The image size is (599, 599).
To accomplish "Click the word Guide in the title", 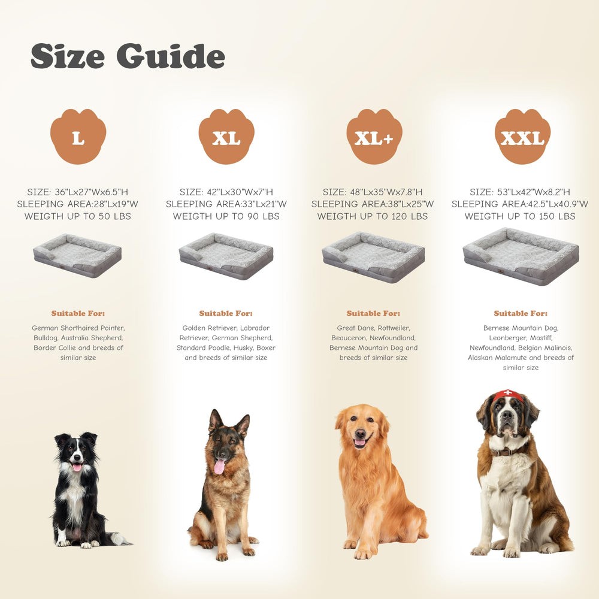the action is pyautogui.click(x=171, y=56).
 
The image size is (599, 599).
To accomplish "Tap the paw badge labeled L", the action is pyautogui.click(x=78, y=137).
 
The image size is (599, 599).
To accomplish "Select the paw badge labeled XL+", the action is pyautogui.click(x=374, y=137).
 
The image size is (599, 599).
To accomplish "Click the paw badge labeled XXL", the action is pyautogui.click(x=522, y=137).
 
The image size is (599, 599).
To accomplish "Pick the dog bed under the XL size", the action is pyautogui.click(x=226, y=256).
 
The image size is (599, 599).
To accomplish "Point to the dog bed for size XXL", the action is pyautogui.click(x=521, y=256).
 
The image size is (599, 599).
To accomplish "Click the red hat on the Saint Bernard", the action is pyautogui.click(x=508, y=395).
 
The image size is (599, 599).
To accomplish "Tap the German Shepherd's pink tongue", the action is pyautogui.click(x=219, y=467).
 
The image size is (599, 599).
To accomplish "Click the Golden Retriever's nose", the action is pyautogui.click(x=360, y=433).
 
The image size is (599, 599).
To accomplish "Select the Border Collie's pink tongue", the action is pyautogui.click(x=77, y=467).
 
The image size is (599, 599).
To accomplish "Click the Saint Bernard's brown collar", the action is pyautogui.click(x=505, y=452).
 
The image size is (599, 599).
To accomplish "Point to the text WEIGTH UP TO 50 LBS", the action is pyautogui.click(x=78, y=216).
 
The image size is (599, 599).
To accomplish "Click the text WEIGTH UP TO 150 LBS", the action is pyautogui.click(x=520, y=216).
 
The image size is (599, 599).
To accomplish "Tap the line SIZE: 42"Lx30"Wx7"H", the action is pyautogui.click(x=226, y=192).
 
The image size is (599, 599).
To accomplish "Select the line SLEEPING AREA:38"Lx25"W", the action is pyautogui.click(x=373, y=204).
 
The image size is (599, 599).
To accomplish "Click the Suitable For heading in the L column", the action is pyautogui.click(x=78, y=313).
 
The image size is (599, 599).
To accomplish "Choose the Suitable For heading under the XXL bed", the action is pyautogui.click(x=521, y=313).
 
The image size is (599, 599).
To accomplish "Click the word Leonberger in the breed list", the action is pyautogui.click(x=507, y=338).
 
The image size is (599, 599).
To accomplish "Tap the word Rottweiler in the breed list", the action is pyautogui.click(x=394, y=328).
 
